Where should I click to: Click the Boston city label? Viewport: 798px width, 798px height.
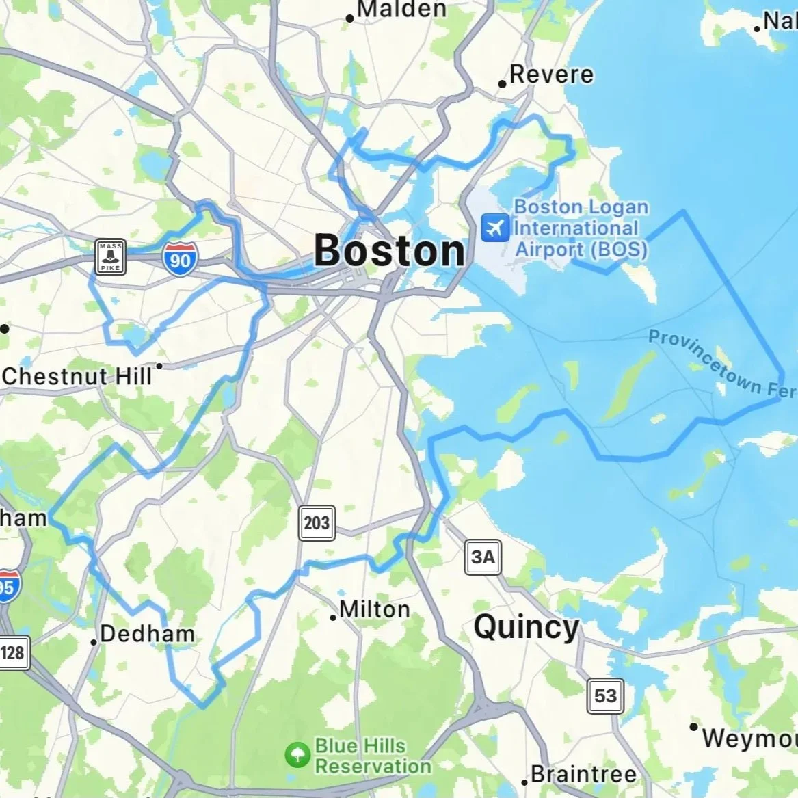389,250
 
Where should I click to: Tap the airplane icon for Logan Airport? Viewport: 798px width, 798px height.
495,228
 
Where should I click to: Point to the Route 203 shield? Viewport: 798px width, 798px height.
317,523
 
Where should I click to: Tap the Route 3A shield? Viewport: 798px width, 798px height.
483,557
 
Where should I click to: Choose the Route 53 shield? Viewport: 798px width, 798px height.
604,695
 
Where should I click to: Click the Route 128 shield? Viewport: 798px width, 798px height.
12,652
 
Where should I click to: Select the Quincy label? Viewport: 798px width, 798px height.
526,627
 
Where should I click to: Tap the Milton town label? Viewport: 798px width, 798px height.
375,609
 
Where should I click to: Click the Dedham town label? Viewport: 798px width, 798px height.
147,634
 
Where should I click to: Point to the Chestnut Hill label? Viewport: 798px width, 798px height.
77,375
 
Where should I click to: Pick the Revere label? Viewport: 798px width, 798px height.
551,74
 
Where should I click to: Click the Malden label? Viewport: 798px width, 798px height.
401,10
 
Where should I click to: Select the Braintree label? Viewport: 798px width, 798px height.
583,774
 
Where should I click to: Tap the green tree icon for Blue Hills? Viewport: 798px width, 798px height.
297,755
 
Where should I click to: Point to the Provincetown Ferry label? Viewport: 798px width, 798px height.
721,363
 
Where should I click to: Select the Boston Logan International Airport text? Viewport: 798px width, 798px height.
581,228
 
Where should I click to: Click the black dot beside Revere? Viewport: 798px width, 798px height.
502,84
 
